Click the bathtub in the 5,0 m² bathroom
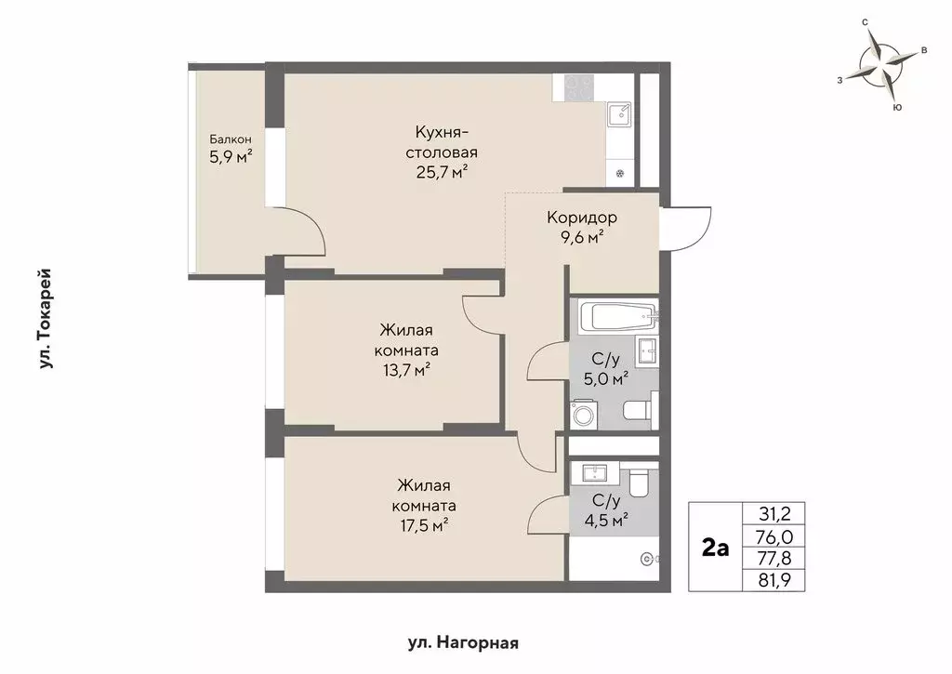click(618, 315)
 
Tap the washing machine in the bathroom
click(584, 416)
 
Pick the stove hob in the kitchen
click(579, 86)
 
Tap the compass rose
click(882, 64)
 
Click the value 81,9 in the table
click(774, 580)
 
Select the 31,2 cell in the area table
click(774, 514)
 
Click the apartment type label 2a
click(715, 548)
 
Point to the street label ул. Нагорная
click(463, 643)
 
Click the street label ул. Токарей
click(45, 319)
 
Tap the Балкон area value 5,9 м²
click(231, 157)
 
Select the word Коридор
click(582, 218)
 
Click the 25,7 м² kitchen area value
click(442, 172)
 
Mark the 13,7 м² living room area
click(407, 370)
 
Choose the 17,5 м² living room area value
click(424, 524)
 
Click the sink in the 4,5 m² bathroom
click(594, 472)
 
